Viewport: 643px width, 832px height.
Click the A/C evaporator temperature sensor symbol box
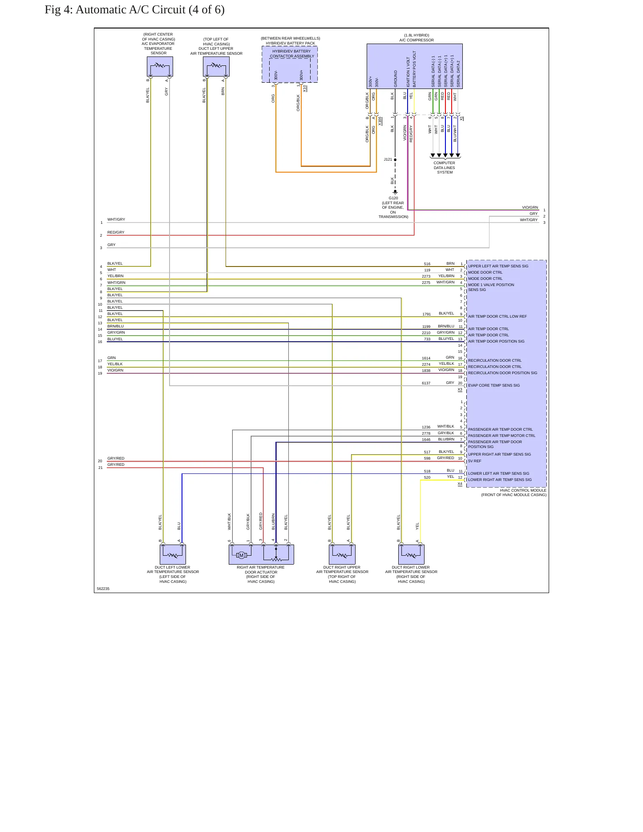(160, 67)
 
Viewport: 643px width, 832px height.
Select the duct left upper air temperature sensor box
(216, 67)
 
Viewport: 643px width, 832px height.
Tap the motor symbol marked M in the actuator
(241, 555)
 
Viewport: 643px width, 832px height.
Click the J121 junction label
(388, 159)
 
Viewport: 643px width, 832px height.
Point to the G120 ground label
(393, 198)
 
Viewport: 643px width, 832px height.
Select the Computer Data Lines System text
(445, 168)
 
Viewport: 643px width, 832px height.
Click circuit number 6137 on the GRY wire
(426, 383)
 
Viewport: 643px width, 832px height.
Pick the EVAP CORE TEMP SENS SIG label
(494, 385)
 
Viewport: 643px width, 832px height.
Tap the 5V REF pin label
(475, 461)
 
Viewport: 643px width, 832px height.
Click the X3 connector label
(460, 390)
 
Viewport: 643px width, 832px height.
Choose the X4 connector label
(460, 484)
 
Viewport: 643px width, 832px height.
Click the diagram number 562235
(103, 589)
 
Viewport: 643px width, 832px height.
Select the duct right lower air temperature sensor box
(411, 554)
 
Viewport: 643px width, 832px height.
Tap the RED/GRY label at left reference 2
(116, 232)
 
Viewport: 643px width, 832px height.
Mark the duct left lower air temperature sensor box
(173, 554)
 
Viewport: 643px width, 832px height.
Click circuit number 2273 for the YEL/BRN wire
(426, 276)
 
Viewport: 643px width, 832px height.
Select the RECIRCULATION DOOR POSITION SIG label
(503, 373)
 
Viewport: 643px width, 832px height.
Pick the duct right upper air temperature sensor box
(342, 554)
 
